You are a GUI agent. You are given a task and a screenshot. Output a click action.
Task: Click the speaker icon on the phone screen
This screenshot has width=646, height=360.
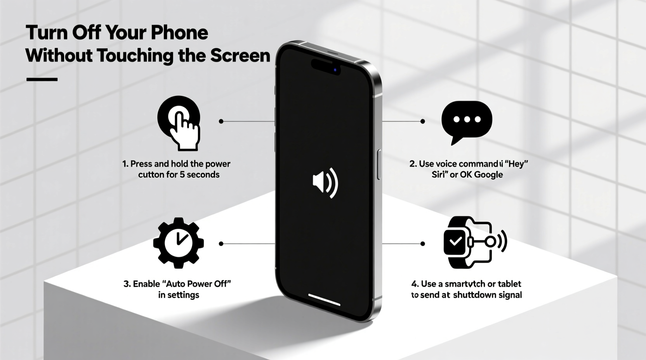pyautogui.click(x=325, y=182)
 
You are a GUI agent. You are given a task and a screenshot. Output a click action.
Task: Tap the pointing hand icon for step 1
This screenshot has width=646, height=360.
pyautogui.click(x=179, y=123)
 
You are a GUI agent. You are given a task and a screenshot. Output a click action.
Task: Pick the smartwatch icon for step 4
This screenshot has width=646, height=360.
pyautogui.click(x=458, y=242)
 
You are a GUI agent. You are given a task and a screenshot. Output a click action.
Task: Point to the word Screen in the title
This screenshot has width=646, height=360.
pyautogui.click(x=240, y=55)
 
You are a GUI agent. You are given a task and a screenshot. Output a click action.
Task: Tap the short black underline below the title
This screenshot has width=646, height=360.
pyautogui.click(x=42, y=79)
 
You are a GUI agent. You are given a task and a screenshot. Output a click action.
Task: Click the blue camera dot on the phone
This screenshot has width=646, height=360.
pyautogui.click(x=335, y=70)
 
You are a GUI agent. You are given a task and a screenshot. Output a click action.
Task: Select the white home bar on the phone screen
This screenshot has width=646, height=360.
pyautogui.click(x=324, y=299)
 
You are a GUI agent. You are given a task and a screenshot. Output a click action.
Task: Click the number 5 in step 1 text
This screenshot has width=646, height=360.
pyautogui.click(x=182, y=175)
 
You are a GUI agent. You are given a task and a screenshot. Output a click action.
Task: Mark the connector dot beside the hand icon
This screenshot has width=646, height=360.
pyautogui.click(x=221, y=121)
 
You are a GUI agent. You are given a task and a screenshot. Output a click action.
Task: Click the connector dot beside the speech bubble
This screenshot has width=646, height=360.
pyautogui.click(x=422, y=121)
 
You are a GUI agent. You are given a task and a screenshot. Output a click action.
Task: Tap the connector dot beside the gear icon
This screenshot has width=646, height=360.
pyautogui.click(x=221, y=244)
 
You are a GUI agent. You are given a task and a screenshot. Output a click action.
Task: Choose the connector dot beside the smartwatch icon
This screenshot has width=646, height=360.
pyautogui.click(x=422, y=244)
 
